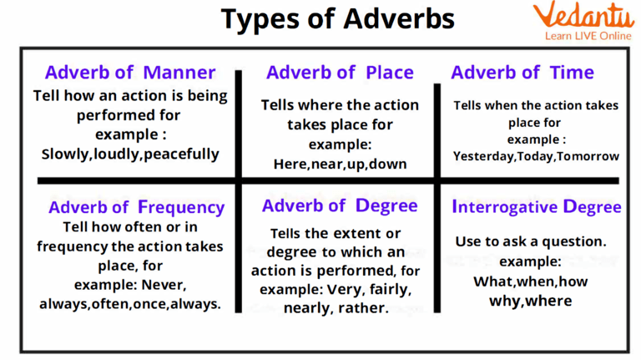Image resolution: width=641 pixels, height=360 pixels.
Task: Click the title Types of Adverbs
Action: pos(320,20)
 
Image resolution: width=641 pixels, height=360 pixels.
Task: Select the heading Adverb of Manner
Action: pos(130,73)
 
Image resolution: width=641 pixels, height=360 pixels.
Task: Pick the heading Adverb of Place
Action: pos(339,73)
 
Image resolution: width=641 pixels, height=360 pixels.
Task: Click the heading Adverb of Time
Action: pos(523,73)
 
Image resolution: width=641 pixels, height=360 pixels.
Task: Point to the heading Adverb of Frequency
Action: pos(136,207)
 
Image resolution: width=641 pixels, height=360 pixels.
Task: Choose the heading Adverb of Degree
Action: pos(340,205)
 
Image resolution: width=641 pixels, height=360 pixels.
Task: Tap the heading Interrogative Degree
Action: pos(536,206)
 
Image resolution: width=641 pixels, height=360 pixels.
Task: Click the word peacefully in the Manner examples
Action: pos(180,154)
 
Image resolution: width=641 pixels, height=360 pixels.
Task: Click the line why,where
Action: pos(531,301)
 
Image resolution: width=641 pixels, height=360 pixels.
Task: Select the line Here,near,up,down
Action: pos(340,164)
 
